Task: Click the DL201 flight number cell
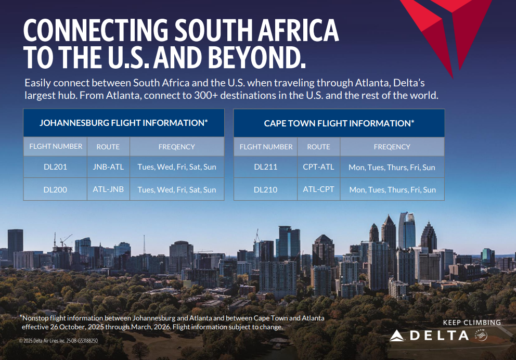pos(55,167)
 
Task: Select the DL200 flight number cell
pos(55,189)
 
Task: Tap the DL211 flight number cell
pos(266,167)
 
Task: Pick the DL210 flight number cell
pos(266,189)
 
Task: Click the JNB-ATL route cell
pos(108,167)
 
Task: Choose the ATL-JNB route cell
pos(108,189)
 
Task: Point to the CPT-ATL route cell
pos(318,167)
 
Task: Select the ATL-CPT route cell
pos(318,189)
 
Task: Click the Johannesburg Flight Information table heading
pos(124,123)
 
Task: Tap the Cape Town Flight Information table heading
pos(339,123)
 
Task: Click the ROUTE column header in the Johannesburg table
pos(108,147)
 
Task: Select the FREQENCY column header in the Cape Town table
pos(392,147)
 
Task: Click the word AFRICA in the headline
pos(298,30)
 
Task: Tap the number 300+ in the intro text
pos(205,95)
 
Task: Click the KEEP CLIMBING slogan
pos(472,323)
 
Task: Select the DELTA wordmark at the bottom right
pos(440,336)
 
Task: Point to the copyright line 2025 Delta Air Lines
pos(58,341)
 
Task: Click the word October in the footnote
pos(69,327)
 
